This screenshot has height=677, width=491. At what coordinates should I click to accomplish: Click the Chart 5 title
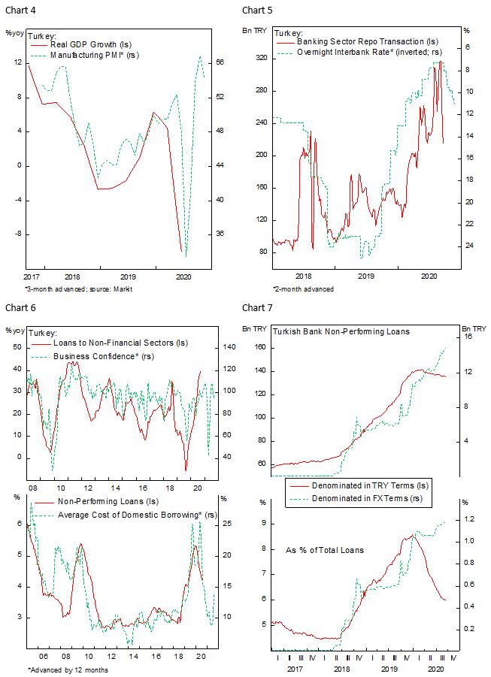[x=256, y=10]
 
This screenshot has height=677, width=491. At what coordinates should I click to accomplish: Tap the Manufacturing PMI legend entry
[x=94, y=55]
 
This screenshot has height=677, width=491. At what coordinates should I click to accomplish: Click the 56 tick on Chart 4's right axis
[x=220, y=63]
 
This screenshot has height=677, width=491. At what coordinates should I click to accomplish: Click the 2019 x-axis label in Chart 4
[x=128, y=277]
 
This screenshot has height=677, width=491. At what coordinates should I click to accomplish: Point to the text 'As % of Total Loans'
[x=326, y=550]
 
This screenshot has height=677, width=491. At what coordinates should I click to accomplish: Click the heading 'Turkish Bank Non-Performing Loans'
[x=341, y=331]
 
